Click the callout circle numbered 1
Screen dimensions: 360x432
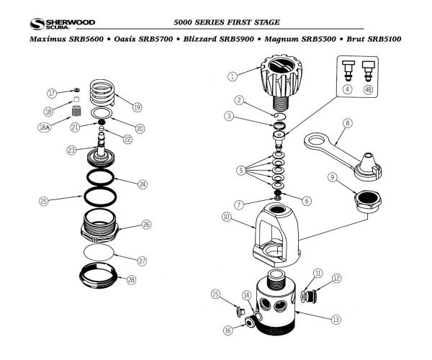(233, 76)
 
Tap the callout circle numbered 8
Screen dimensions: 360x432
(348, 123)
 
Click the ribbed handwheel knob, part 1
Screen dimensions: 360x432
(273, 78)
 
